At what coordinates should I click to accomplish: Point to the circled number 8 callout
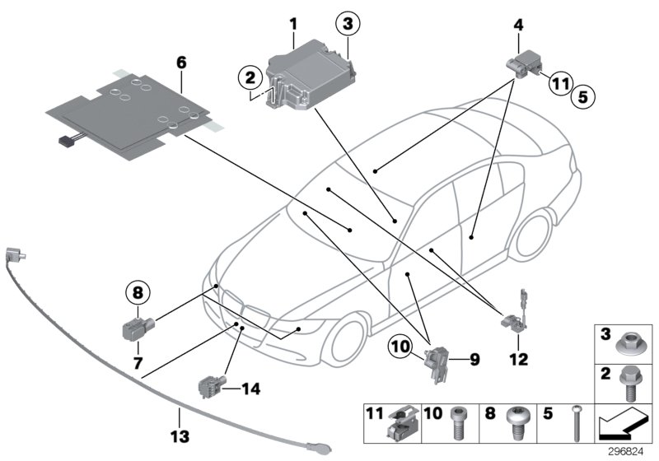138,291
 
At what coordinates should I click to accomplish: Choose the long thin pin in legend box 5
574,423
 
